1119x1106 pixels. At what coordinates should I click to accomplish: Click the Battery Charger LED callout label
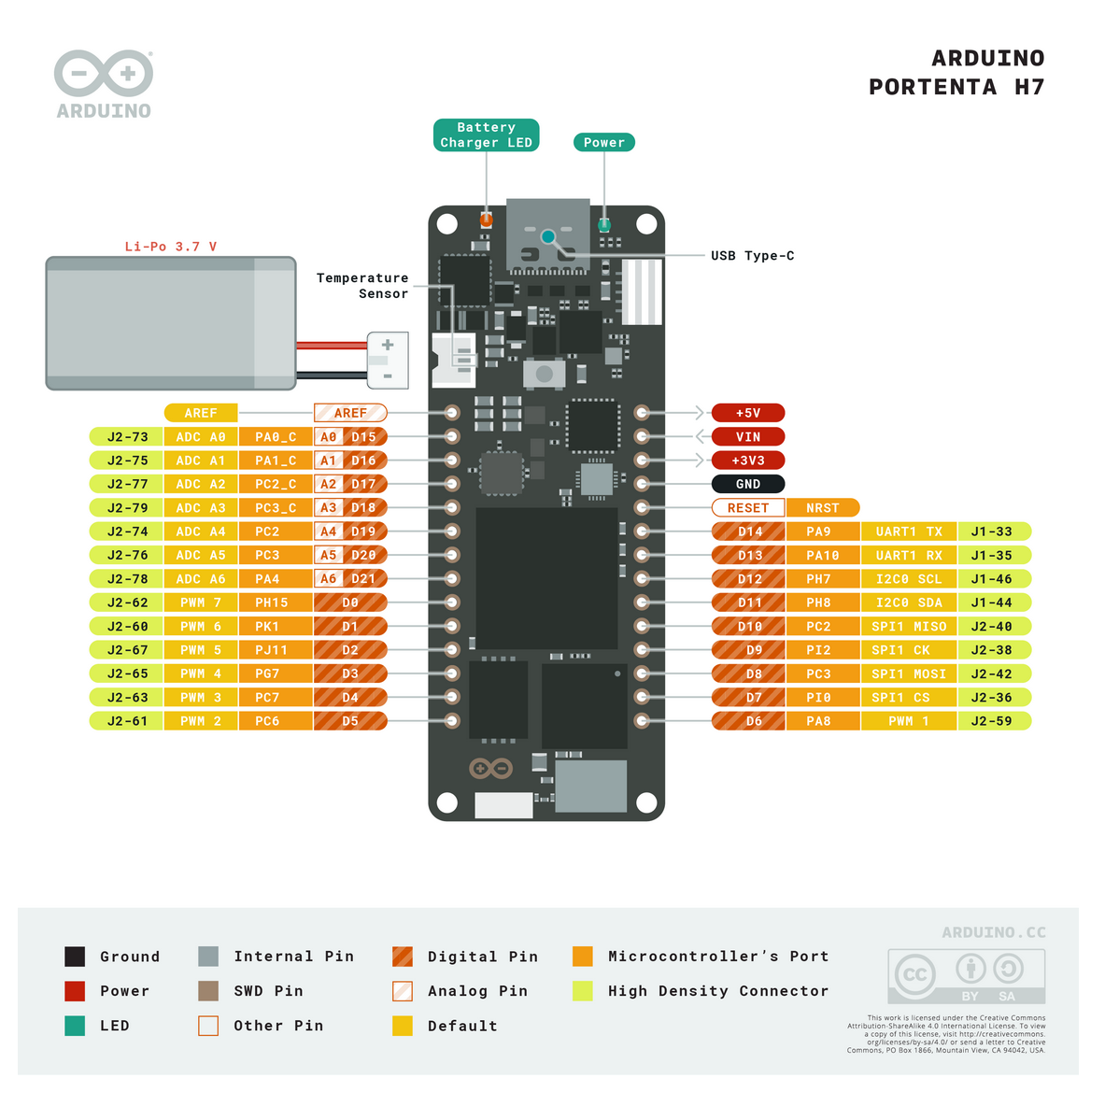pyautogui.click(x=486, y=135)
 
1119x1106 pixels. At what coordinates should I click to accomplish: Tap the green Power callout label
pyautogui.click(x=603, y=142)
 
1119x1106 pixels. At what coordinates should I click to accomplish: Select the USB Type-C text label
pyautogui.click(x=752, y=256)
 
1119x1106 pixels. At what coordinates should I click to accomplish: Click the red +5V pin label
pyautogui.click(x=747, y=413)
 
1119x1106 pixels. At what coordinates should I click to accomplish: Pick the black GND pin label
pyautogui.click(x=747, y=484)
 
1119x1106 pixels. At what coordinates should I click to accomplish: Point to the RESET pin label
pyautogui.click(x=747, y=508)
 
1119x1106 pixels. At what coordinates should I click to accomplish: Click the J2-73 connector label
pyautogui.click(x=127, y=437)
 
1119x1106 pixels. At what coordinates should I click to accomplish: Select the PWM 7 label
pyautogui.click(x=201, y=603)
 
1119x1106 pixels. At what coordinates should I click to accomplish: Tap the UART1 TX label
pyautogui.click(x=908, y=532)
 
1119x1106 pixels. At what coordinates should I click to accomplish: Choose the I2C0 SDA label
pyautogui.click(x=908, y=603)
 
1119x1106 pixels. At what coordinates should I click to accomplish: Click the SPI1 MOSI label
pyautogui.click(x=908, y=674)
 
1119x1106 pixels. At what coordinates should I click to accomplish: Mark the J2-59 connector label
pyautogui.click(x=991, y=721)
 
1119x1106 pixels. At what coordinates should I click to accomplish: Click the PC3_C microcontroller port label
pyautogui.click(x=276, y=508)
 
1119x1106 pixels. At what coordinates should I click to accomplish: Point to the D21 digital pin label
pyautogui.click(x=363, y=579)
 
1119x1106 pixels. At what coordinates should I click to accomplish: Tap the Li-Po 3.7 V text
pyautogui.click(x=171, y=247)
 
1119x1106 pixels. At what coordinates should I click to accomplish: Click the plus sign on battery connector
pyautogui.click(x=388, y=345)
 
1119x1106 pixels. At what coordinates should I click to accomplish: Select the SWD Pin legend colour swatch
pyautogui.click(x=208, y=991)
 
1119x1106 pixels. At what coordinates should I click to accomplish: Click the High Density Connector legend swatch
pyautogui.click(x=583, y=991)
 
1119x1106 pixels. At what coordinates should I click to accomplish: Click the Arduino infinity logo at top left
pyautogui.click(x=104, y=74)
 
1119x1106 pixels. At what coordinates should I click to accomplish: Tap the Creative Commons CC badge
pyautogui.click(x=914, y=975)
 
